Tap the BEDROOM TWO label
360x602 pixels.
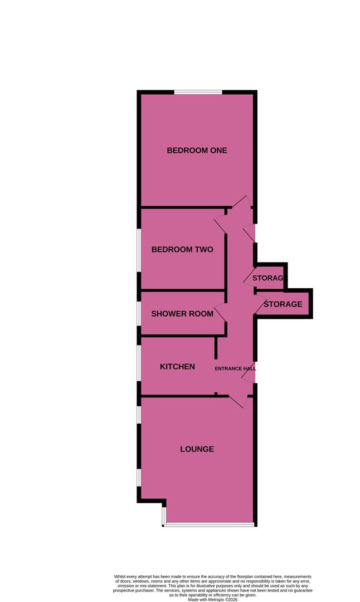182,250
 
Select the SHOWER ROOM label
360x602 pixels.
182,314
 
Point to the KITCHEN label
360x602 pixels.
177,366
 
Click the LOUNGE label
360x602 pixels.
197,449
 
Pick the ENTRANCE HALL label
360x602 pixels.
236,368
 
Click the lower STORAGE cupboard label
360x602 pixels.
283,304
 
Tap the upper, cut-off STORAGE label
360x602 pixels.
269,278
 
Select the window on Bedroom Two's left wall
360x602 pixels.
139,251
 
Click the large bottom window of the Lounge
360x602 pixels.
209,525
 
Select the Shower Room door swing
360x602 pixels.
221,313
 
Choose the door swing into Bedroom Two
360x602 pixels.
221,224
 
